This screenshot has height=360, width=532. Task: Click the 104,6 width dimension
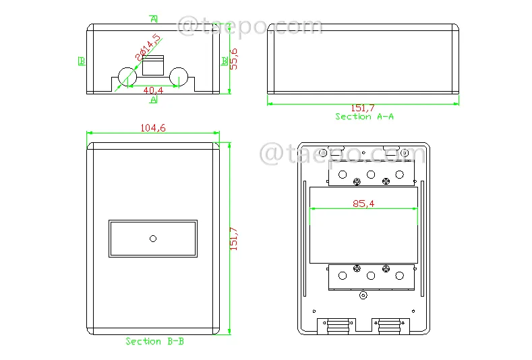pyautogui.click(x=153, y=128)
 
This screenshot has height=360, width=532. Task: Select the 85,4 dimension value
pyautogui.click(x=363, y=204)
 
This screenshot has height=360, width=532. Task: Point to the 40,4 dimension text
pyautogui.click(x=153, y=90)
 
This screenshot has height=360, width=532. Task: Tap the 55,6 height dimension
pyautogui.click(x=234, y=59)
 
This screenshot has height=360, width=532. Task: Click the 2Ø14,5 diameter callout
pyautogui.click(x=148, y=47)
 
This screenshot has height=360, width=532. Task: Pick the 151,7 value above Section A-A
pyautogui.click(x=363, y=108)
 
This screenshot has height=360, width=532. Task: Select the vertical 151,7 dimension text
pyautogui.click(x=234, y=239)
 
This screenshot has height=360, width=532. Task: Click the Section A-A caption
pyautogui.click(x=364, y=117)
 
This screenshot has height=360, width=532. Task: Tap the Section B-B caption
pyautogui.click(x=154, y=341)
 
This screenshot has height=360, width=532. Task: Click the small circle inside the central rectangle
pyautogui.click(x=153, y=239)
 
